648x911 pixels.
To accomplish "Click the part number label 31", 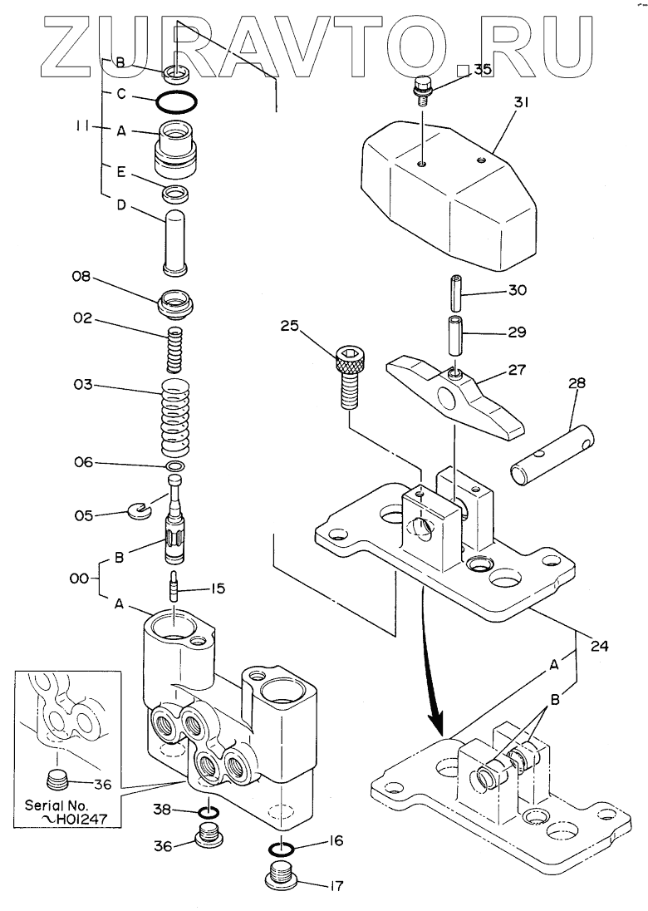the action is [521, 103].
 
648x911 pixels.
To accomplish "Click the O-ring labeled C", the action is [176, 102].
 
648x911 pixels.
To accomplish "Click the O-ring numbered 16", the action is [281, 849].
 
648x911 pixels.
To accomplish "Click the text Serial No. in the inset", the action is [56, 805].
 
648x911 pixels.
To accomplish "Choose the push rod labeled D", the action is [174, 241].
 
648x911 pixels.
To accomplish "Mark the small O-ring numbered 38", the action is [209, 811].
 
